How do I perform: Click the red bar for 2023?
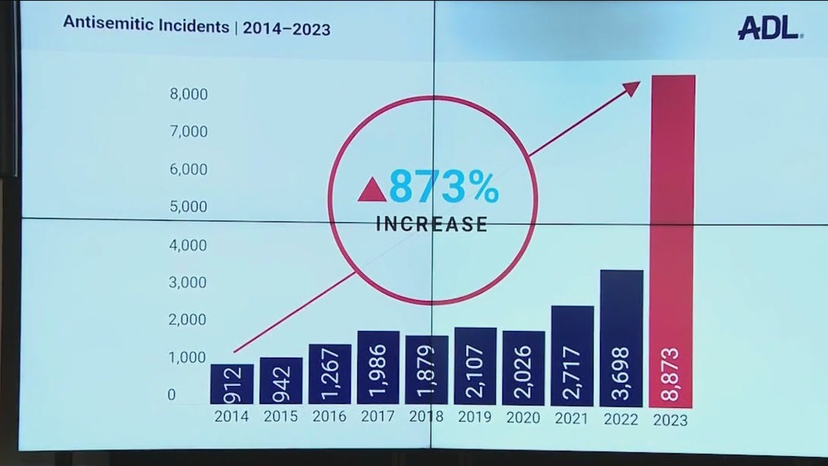(672, 229)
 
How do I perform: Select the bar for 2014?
(231, 384)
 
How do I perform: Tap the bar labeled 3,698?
(621, 336)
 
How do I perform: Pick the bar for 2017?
(378, 367)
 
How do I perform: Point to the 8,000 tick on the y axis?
(188, 95)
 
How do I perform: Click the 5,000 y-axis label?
(188, 206)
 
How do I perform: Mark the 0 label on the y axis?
(172, 395)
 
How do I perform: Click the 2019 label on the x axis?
(475, 417)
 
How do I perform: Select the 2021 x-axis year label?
(572, 418)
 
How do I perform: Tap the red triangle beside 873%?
(372, 189)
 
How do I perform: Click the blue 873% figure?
(443, 188)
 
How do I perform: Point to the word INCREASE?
(432, 225)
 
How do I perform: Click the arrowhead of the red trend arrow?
(633, 87)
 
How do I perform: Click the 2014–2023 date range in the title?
(287, 29)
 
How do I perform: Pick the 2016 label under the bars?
(329, 416)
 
